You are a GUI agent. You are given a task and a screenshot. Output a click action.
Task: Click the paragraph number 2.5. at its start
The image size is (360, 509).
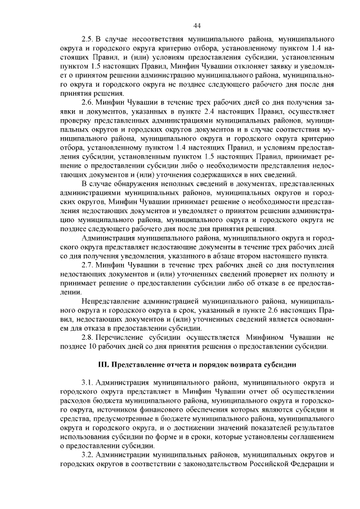point(88,40)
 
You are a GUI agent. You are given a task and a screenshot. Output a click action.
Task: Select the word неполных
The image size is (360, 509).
point(182,183)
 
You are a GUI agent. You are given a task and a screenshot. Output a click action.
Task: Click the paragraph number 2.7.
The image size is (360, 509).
point(88,265)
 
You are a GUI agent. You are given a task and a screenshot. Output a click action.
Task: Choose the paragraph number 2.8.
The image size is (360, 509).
point(88,337)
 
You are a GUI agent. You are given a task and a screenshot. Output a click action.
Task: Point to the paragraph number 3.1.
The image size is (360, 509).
point(88,382)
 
